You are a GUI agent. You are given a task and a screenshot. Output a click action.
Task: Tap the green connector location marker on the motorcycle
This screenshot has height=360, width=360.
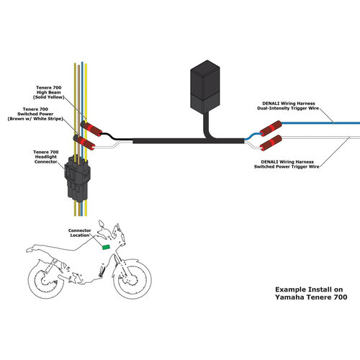coord(107,247)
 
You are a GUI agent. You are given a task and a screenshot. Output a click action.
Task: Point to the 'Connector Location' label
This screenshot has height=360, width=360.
coord(80,233)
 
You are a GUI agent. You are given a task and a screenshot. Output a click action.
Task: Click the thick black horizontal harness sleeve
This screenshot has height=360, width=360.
coord(173,141)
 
